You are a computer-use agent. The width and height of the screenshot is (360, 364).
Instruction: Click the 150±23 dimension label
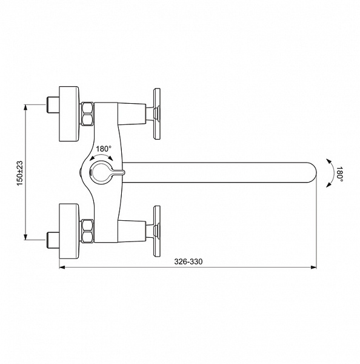pos(20,173)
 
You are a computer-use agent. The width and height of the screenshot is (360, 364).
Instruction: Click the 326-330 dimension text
pos(188,261)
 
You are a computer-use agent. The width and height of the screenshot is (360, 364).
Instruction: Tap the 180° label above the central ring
pos(104,149)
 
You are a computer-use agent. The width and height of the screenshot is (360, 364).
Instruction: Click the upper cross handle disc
pos(157,114)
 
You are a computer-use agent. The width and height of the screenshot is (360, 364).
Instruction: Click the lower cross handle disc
pos(157,231)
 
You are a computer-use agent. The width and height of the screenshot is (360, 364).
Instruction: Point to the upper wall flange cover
pos(69,114)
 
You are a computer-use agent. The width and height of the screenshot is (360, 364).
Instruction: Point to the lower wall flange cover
pos(69,231)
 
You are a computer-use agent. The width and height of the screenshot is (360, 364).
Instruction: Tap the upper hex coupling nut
pos(87,114)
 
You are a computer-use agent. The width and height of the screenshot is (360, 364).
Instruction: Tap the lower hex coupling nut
pos(87,231)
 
